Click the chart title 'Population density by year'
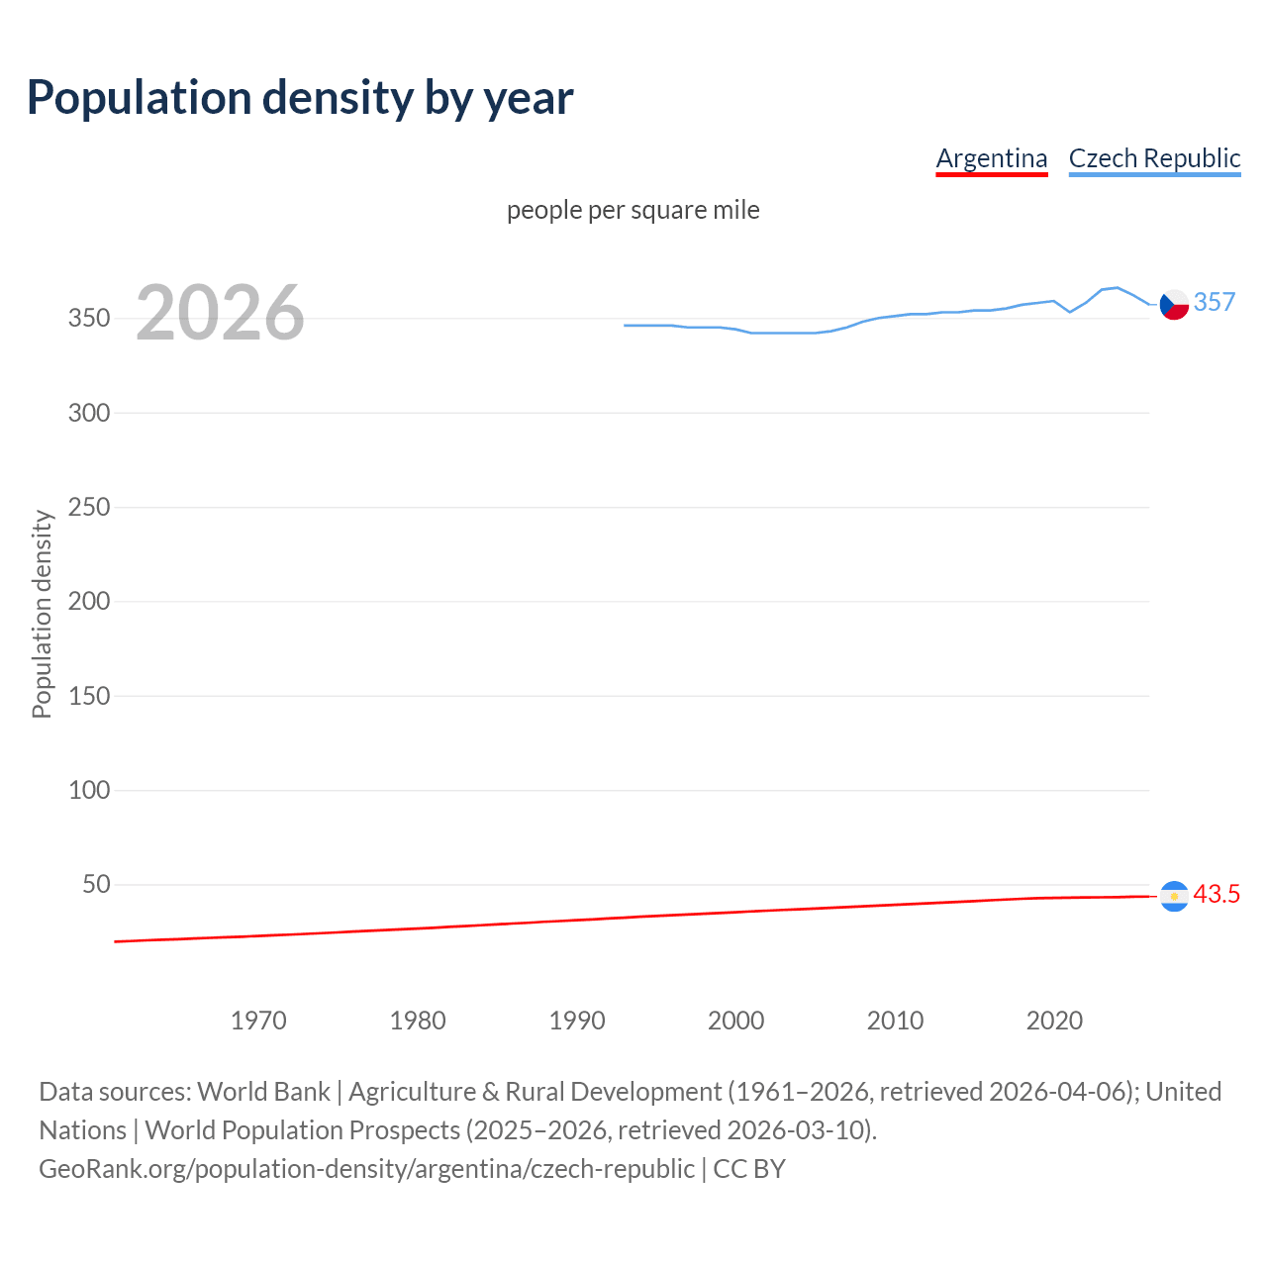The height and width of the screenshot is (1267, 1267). click(x=300, y=97)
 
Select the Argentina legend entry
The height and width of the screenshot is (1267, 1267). click(x=991, y=158)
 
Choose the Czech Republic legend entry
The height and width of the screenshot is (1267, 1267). click(x=1154, y=158)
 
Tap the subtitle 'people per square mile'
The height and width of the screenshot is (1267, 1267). click(x=633, y=210)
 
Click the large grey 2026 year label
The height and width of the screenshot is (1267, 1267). click(x=220, y=313)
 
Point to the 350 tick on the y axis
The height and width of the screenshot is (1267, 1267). click(x=89, y=319)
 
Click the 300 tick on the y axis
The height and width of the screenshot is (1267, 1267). click(x=89, y=413)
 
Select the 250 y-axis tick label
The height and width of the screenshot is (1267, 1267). click(x=89, y=507)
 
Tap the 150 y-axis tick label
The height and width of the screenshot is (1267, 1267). click(x=89, y=696)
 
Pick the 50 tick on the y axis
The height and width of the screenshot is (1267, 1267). click(x=96, y=884)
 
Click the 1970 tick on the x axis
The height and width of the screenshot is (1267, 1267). click(x=258, y=1021)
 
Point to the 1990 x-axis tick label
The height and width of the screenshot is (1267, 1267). click(x=577, y=1021)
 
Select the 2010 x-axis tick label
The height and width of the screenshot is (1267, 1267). click(x=895, y=1021)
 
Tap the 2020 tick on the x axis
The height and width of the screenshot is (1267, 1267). click(x=1054, y=1021)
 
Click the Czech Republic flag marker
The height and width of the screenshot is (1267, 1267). click(x=1174, y=305)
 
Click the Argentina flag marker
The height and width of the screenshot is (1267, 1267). click(x=1174, y=896)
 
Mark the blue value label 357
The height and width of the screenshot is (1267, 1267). click(x=1215, y=302)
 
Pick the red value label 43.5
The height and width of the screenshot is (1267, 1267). click(x=1217, y=894)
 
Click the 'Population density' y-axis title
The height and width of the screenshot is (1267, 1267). click(x=42, y=614)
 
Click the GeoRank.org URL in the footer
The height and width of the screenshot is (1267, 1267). click(x=366, y=1169)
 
